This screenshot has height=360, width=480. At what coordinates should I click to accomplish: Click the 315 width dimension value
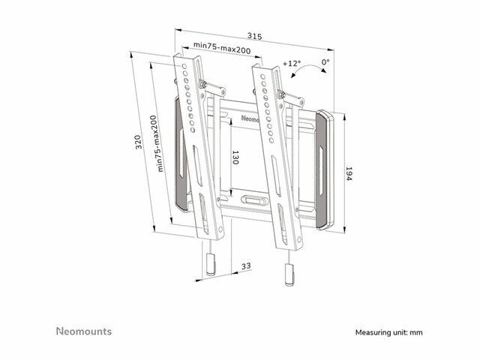255,37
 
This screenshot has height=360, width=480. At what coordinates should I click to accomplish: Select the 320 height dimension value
139,142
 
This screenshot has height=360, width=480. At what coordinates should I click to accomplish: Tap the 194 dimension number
348,173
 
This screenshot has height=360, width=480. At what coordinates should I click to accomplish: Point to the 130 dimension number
235,157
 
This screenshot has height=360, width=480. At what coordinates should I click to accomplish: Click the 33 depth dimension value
246,265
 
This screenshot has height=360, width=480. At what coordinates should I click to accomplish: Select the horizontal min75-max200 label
222,47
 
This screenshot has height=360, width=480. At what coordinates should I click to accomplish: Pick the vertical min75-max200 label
157,143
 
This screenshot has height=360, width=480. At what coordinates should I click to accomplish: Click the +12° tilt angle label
292,63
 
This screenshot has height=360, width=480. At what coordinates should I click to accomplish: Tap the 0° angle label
325,61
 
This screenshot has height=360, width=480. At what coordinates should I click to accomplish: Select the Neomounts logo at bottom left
84,331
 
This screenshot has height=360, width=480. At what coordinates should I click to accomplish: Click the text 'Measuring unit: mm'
388,332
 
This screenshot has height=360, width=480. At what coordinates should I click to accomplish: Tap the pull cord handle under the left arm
211,264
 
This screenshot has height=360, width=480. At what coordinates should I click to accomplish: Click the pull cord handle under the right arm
289,274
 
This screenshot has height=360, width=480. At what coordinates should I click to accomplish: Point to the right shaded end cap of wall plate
322,170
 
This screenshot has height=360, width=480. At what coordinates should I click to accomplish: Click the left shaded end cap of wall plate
181,154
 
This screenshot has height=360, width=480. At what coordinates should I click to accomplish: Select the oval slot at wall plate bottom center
254,200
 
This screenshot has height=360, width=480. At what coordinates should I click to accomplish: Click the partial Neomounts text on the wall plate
250,118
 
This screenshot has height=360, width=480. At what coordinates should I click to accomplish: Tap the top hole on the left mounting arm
184,66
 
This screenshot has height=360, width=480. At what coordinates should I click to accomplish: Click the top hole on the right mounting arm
262,76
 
